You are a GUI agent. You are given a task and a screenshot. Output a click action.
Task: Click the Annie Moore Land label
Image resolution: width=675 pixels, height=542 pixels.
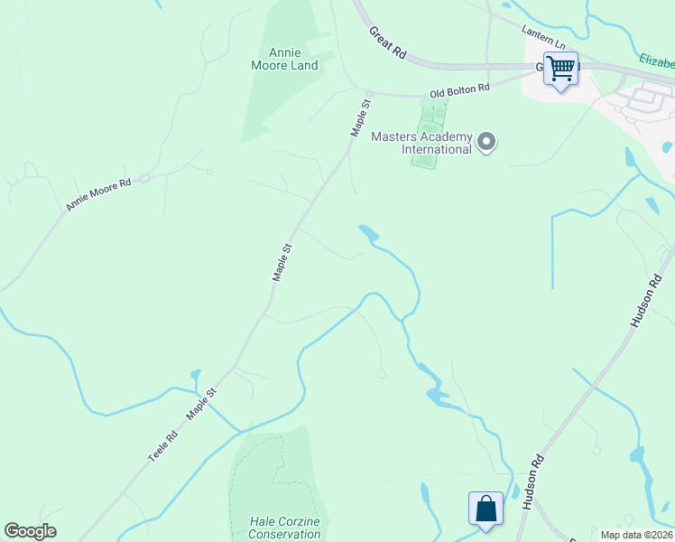pyautogui.click(x=284, y=59)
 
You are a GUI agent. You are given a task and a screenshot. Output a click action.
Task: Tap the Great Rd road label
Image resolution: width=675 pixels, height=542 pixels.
pyautogui.click(x=387, y=42)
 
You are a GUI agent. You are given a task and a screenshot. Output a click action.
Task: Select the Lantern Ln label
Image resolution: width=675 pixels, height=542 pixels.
pyautogui.click(x=545, y=37)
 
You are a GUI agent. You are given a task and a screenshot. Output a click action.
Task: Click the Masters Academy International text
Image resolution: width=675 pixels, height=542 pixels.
pyautogui.click(x=421, y=143)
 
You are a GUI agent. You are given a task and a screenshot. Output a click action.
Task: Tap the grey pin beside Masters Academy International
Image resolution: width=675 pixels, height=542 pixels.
pyautogui.click(x=487, y=142)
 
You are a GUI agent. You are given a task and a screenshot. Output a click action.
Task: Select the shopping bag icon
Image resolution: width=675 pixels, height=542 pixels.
pyautogui.click(x=485, y=508)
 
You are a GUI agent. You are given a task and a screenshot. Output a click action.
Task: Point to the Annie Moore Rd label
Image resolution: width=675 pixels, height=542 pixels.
pyautogui.click(x=98, y=194)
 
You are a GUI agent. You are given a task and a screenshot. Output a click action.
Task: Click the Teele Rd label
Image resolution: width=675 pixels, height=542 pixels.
pyautogui.click(x=163, y=447)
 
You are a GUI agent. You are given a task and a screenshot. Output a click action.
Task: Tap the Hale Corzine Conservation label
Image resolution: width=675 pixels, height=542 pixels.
pyautogui.click(x=284, y=528)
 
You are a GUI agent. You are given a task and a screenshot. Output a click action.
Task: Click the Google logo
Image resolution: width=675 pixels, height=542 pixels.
pyautogui.click(x=30, y=531)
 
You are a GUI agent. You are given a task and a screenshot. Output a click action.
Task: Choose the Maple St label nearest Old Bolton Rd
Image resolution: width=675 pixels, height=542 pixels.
pyautogui.click(x=360, y=118)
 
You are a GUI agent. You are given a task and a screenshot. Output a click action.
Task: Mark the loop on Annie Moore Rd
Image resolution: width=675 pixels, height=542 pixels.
pyautogui.click(x=144, y=178)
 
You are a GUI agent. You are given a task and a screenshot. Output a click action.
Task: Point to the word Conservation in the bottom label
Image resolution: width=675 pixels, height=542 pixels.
pyautogui.click(x=284, y=534)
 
